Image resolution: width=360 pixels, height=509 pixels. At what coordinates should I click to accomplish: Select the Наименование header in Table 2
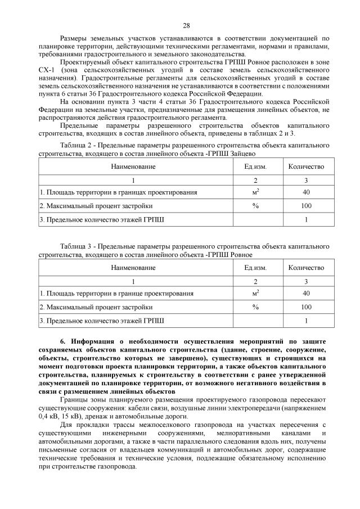(x=133, y=166)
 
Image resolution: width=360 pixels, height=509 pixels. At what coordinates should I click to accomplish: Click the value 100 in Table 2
(x=306, y=205)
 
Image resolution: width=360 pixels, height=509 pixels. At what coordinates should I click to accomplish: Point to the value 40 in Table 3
(x=306, y=293)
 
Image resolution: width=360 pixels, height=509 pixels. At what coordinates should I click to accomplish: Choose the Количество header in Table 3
(x=306, y=267)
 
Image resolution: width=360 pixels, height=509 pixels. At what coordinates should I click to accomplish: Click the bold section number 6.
(x=62, y=341)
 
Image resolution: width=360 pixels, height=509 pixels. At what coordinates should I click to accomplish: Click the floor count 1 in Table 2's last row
(x=306, y=219)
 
